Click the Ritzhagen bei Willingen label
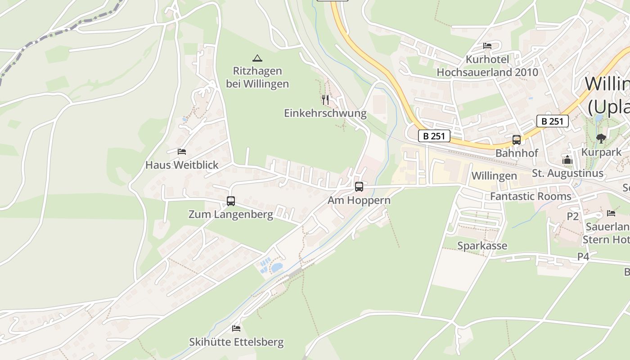tap(257, 77)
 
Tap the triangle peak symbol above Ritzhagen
tap(257, 58)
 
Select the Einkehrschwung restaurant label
tap(325, 113)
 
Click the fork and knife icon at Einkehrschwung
tap(325, 99)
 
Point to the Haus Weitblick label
tap(182, 165)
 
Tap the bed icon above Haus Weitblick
tap(182, 152)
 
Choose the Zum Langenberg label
tap(230, 214)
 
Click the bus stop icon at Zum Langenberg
tap(231, 201)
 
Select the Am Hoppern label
tap(359, 200)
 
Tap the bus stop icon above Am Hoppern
tap(359, 186)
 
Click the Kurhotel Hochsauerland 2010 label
tap(487, 66)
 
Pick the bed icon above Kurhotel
tap(487, 45)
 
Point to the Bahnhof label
tap(517, 153)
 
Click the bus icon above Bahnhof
tap(517, 140)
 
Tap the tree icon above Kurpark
tap(601, 139)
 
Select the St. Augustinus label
tap(567, 173)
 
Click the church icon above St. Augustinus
tap(567, 160)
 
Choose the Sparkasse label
tap(482, 246)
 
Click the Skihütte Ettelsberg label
tap(236, 342)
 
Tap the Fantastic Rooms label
tap(531, 196)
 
